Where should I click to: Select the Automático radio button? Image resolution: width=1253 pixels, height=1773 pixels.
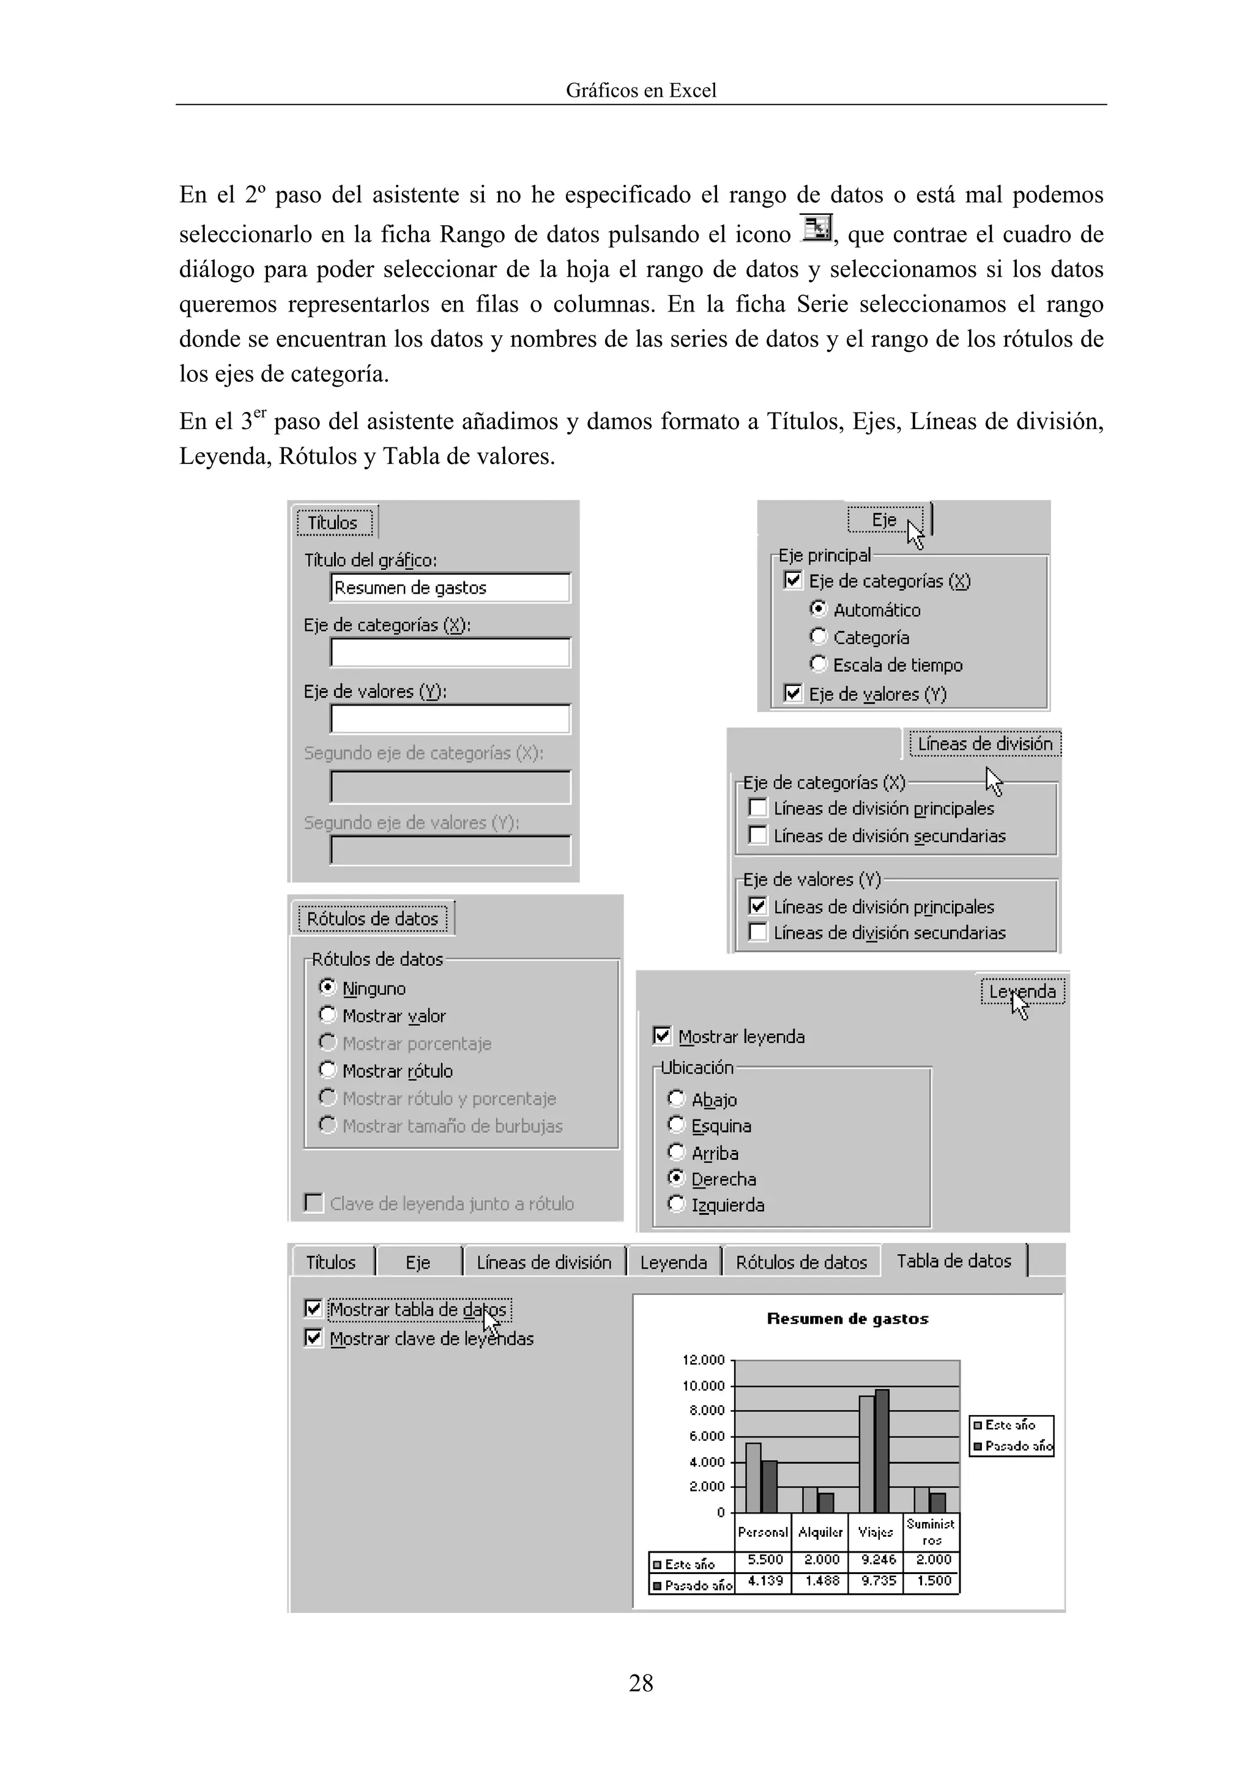click(819, 610)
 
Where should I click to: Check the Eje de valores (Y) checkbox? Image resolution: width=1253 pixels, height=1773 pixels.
click(793, 693)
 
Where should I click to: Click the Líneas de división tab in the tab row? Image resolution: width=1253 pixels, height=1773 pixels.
click(543, 1263)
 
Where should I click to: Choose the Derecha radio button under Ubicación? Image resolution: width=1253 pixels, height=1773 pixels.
click(676, 1178)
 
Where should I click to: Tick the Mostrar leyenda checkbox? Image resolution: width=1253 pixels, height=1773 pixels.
click(661, 1036)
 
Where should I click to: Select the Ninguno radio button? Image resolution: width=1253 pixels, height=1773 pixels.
click(327, 988)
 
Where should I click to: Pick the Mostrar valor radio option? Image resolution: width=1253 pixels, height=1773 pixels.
click(327, 1015)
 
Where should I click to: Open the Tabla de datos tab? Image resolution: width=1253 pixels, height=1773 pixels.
click(953, 1261)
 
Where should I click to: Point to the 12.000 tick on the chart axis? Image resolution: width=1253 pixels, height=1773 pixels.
click(704, 1360)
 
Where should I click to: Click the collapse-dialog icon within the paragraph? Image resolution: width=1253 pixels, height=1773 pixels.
click(816, 228)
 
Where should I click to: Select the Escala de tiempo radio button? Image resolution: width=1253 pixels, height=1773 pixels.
click(819, 664)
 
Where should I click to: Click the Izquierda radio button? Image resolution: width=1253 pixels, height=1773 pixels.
click(676, 1204)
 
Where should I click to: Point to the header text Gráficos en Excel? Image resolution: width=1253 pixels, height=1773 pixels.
click(641, 91)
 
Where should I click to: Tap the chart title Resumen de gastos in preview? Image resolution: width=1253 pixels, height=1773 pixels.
click(847, 1319)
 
